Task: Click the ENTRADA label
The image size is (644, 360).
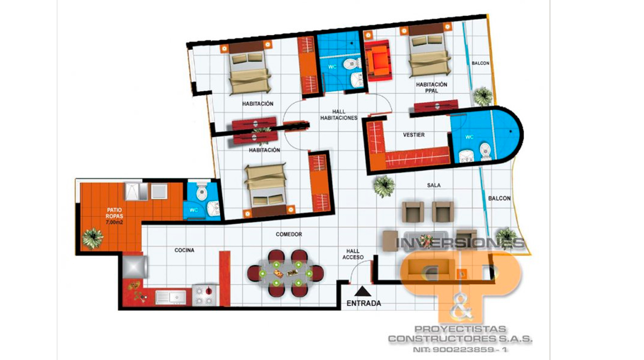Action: (x=363, y=303)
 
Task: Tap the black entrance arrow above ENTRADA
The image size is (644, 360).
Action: (x=363, y=291)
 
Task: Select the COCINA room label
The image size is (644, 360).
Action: (x=184, y=250)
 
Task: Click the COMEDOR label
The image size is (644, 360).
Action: (x=289, y=234)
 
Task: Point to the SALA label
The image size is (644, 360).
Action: (x=434, y=185)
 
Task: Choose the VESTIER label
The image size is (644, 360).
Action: (x=414, y=134)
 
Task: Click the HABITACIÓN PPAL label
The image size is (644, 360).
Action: (x=431, y=87)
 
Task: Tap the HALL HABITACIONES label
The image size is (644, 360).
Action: (x=339, y=115)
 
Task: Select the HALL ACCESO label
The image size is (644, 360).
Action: (x=353, y=254)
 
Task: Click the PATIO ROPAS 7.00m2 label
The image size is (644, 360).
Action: (x=115, y=216)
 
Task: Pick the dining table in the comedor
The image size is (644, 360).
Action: (x=285, y=273)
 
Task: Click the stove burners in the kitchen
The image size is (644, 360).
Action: (x=204, y=296)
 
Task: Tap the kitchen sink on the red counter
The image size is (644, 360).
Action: (x=171, y=297)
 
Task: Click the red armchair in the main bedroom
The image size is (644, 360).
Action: (x=378, y=61)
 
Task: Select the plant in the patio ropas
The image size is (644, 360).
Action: (x=93, y=238)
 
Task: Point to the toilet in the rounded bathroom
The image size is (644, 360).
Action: (x=485, y=152)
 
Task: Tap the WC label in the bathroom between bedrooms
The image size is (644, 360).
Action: (x=332, y=67)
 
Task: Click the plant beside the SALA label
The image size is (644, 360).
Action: (x=384, y=187)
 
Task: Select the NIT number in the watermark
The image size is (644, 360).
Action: (x=460, y=350)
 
